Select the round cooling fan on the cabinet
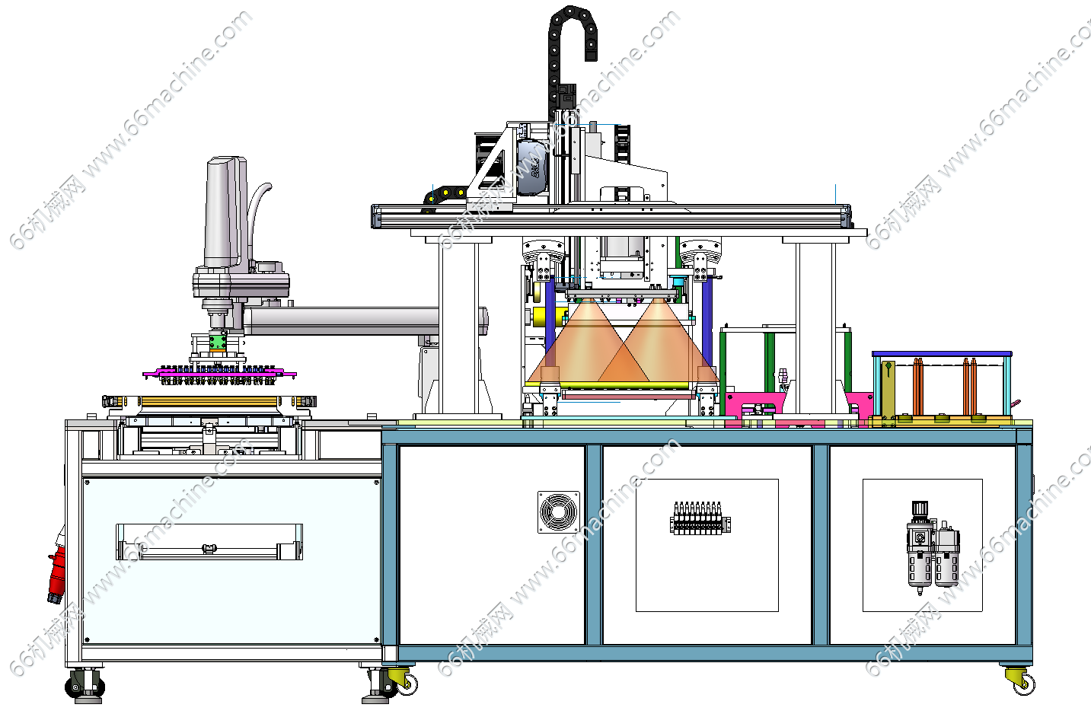click(558, 512)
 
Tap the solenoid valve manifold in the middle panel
click(700, 518)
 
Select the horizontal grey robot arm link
click(343, 320)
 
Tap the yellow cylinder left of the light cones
click(543, 317)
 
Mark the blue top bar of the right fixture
click(942, 355)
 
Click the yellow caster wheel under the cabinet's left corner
click(400, 679)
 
